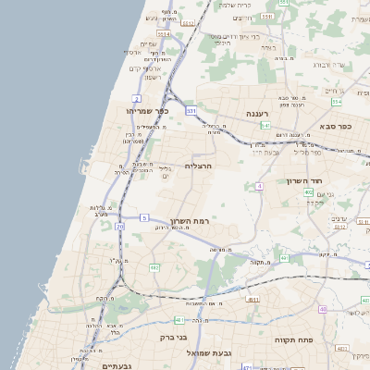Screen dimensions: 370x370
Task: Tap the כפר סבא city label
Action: pyautogui.click(x=335, y=126)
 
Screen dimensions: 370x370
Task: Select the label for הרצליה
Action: pyautogui.click(x=199, y=166)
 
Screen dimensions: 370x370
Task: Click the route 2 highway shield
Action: pyautogui.click(x=136, y=97)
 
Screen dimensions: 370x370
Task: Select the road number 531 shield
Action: pyautogui.click(x=191, y=110)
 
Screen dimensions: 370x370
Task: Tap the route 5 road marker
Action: pyautogui.click(x=144, y=217)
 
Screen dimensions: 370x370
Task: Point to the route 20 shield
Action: pyautogui.click(x=120, y=226)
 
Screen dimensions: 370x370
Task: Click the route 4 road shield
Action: pyautogui.click(x=260, y=186)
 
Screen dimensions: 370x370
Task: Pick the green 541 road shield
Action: pyautogui.click(x=265, y=125)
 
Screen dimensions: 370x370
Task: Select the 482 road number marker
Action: pyautogui.click(x=154, y=267)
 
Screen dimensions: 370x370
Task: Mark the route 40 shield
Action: pyautogui.click(x=323, y=309)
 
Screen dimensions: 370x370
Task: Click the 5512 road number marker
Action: pyautogui.click(x=189, y=22)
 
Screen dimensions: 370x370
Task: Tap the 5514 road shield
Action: pyautogui.click(x=164, y=34)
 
